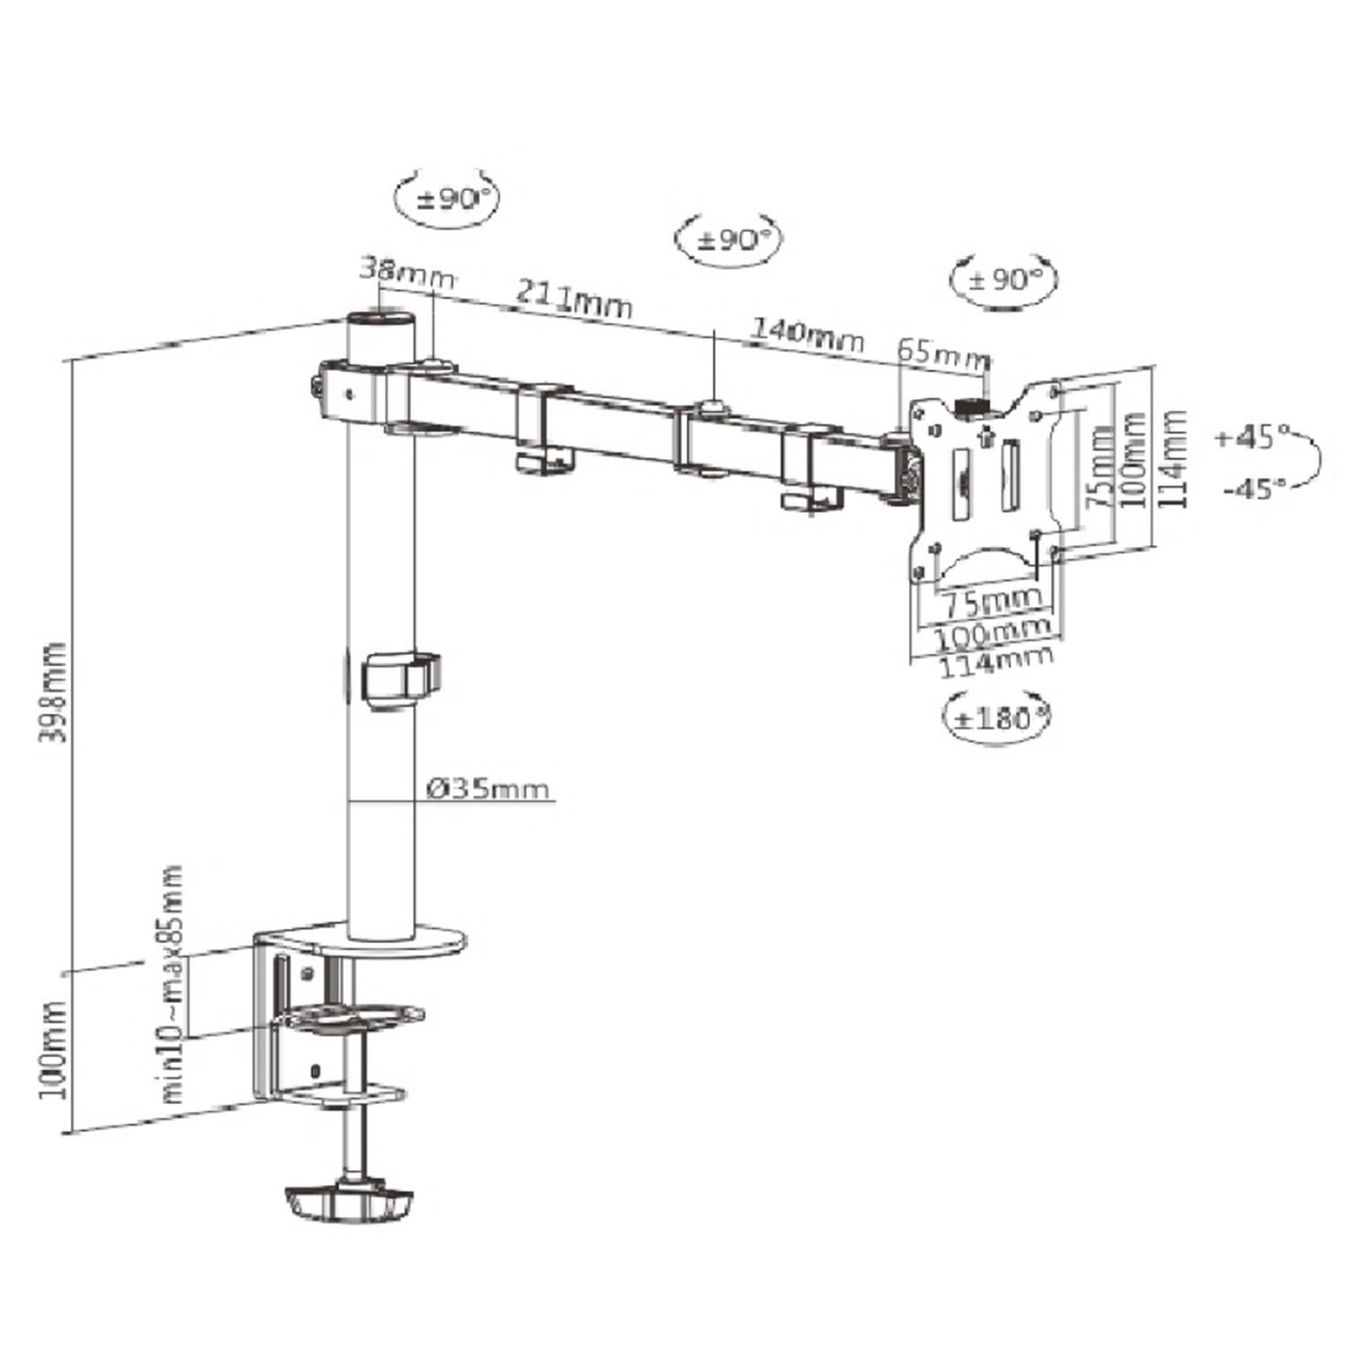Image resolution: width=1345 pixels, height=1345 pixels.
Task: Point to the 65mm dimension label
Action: (943, 352)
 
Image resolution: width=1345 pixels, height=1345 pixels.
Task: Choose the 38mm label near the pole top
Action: (406, 270)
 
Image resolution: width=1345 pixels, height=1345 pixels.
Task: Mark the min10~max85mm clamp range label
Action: (173, 983)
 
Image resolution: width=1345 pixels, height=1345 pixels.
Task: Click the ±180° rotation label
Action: (996, 718)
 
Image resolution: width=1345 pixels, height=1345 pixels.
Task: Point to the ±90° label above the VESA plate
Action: (1004, 279)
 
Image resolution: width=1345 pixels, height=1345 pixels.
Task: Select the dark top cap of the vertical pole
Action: (381, 319)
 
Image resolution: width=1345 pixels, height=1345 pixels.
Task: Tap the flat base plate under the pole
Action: (361, 941)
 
